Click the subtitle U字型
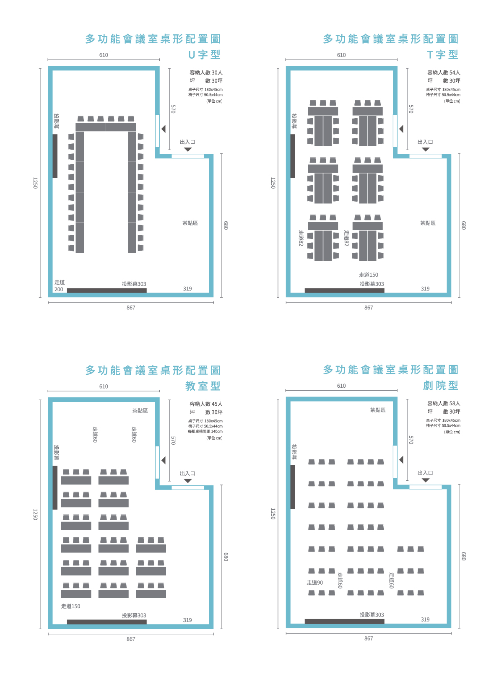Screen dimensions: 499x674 point(204,54)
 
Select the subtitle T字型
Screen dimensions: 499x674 point(442,54)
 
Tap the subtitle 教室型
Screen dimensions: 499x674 point(203,386)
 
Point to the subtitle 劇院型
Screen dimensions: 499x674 point(441,385)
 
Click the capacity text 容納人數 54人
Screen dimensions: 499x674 point(444,73)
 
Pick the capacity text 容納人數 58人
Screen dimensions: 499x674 point(444,403)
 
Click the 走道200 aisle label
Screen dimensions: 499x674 point(59,286)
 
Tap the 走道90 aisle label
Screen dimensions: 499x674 point(314,583)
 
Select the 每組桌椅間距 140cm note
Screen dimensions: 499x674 point(205,431)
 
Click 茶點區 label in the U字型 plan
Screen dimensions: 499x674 point(190,223)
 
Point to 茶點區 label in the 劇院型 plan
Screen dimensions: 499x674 point(377,410)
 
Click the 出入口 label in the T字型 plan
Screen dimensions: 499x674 point(425,142)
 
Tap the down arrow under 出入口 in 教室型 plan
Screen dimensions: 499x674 point(188,481)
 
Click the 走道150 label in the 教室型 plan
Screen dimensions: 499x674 point(70,606)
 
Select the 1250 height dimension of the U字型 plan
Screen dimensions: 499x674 point(35,183)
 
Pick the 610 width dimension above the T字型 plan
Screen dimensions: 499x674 point(341,55)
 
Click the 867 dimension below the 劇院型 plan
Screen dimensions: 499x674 point(369,638)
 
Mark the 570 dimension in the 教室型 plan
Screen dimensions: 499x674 point(173,440)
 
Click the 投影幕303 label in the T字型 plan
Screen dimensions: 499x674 point(372,284)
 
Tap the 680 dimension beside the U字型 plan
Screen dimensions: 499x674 point(226,225)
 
